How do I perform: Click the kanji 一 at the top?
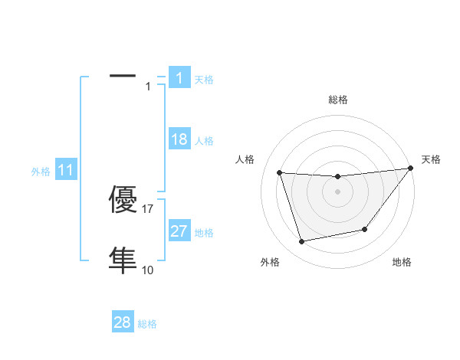coord(123,77)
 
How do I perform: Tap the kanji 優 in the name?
coord(123,201)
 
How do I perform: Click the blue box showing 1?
coord(179,77)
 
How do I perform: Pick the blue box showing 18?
coord(179,139)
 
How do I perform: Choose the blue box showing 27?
coord(179,231)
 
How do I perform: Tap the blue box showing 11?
coord(65,171)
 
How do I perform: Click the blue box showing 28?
coord(123,322)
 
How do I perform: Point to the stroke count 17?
coord(149,209)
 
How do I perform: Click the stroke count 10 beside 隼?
coord(148,270)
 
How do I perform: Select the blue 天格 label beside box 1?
coord(204,79)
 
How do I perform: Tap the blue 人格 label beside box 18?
coord(204,141)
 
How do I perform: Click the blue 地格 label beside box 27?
coord(204,233)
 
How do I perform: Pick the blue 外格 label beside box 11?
coord(41,172)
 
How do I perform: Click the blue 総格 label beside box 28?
coord(147,324)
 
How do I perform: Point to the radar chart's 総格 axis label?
coord(338,100)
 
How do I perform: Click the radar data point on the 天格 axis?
coord(410,169)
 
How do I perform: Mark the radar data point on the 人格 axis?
coord(280,173)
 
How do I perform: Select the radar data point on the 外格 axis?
coord(302,242)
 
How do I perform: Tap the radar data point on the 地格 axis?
coord(365,229)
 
